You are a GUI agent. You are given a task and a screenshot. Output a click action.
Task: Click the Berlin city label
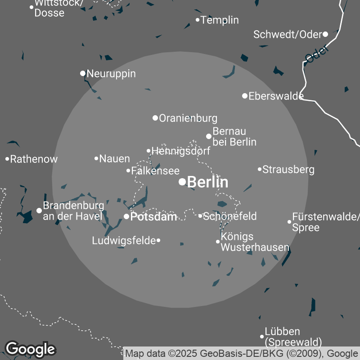[x=207, y=182]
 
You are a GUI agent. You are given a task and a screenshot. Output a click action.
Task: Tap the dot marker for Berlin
[x=182, y=182]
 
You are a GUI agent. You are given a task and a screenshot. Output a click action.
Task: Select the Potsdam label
[x=153, y=216]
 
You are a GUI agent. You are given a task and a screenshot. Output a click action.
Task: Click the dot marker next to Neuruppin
[x=83, y=73]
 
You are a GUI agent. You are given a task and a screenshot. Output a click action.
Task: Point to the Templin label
[x=220, y=20]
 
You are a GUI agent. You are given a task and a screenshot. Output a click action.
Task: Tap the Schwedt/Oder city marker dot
[x=325, y=34]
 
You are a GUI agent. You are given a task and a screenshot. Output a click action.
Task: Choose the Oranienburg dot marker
[x=155, y=118]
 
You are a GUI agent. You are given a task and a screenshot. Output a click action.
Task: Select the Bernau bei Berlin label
[x=234, y=136]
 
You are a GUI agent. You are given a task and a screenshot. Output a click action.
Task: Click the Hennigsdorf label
[x=181, y=151]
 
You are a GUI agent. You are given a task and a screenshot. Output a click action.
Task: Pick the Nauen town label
[x=114, y=158]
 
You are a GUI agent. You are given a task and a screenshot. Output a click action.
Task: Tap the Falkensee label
[x=155, y=171]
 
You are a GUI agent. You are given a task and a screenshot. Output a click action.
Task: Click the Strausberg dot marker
[x=260, y=169]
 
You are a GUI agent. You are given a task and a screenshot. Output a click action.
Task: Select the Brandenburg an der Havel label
[x=73, y=211]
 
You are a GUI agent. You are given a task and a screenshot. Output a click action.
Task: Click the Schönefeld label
[x=230, y=216]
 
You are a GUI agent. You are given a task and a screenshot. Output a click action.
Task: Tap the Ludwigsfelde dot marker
[x=158, y=241]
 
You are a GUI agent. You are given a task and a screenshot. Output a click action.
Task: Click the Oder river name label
[x=317, y=54]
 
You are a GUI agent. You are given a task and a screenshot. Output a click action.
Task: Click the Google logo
[x=30, y=349]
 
